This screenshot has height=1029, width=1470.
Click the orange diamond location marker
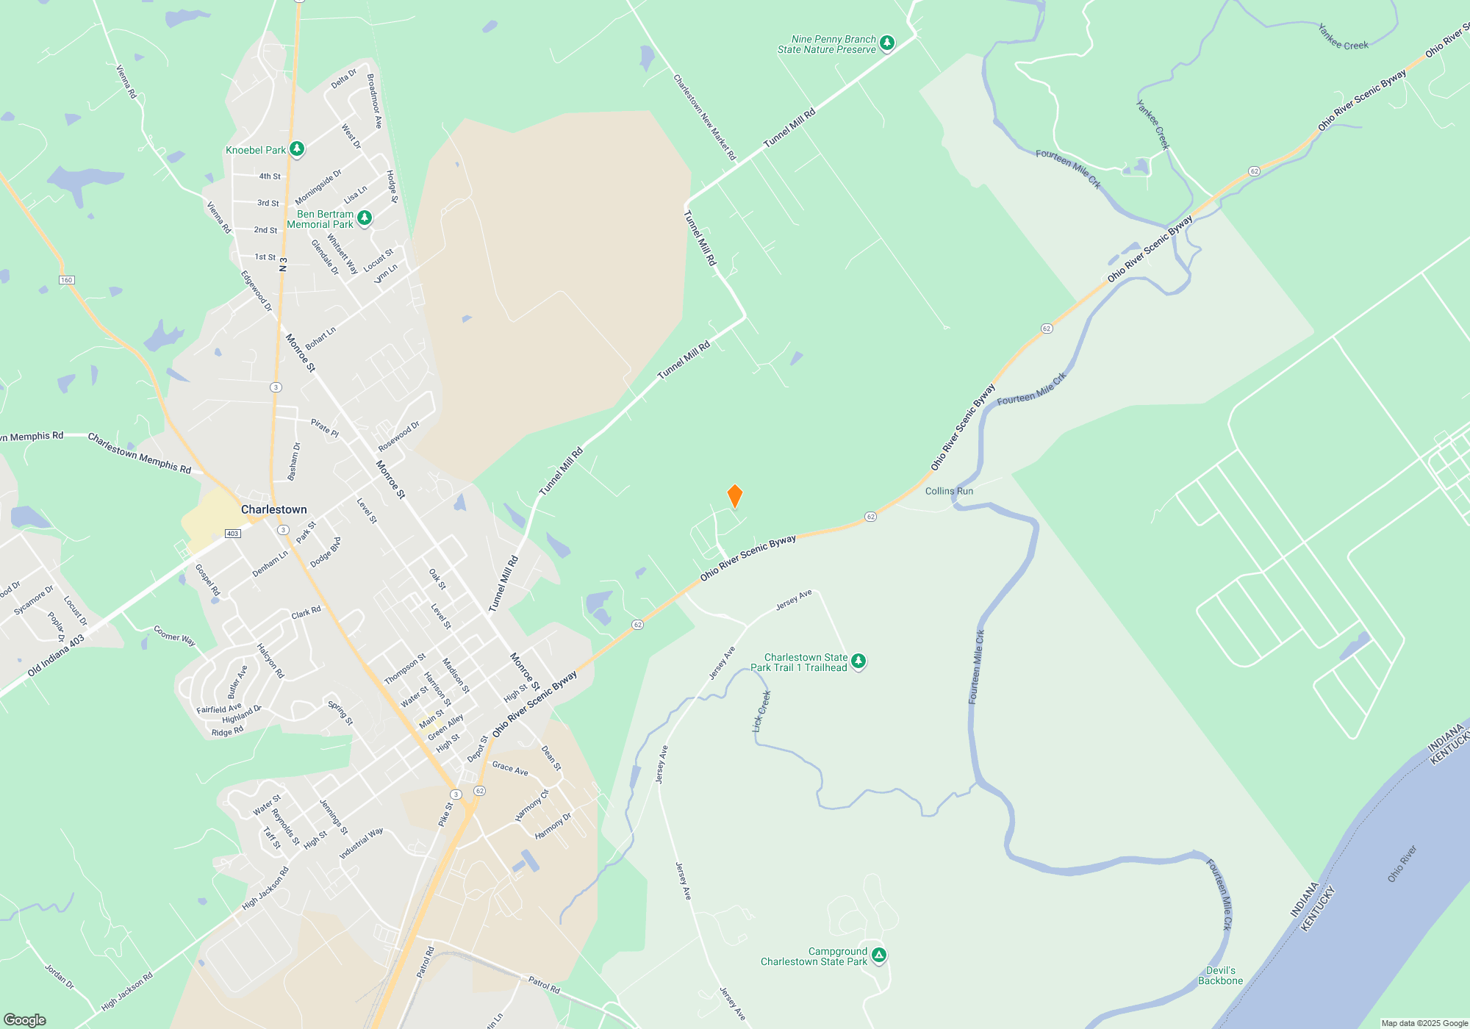pyautogui.click(x=734, y=496)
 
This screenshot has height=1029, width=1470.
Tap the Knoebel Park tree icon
pyautogui.click(x=297, y=149)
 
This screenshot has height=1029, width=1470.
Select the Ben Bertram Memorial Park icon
pyautogui.click(x=364, y=218)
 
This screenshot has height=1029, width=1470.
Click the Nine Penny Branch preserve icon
pyautogui.click(x=887, y=43)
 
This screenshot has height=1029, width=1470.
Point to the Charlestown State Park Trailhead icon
pyautogui.click(x=858, y=661)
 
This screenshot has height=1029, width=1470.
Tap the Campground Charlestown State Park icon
pyautogui.click(x=878, y=955)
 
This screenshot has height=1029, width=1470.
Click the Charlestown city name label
pyautogui.click(x=274, y=509)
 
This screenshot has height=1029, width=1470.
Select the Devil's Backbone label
pyautogui.click(x=1220, y=975)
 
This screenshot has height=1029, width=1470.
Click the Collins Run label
pyautogui.click(x=949, y=491)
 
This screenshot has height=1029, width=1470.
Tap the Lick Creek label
pyautogui.click(x=761, y=711)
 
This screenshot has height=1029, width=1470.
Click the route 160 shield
pyautogui.click(x=67, y=280)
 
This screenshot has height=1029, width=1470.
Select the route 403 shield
pyautogui.click(x=232, y=534)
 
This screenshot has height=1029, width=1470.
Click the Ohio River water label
pyautogui.click(x=1402, y=864)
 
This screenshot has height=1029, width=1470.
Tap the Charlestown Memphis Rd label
pyautogui.click(x=140, y=453)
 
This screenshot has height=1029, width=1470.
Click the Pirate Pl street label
pyautogui.click(x=324, y=428)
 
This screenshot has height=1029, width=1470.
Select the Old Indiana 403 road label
pyautogui.click(x=56, y=656)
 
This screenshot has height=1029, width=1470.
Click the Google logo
pyautogui.click(x=25, y=1019)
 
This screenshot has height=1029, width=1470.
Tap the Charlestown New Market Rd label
pyautogui.click(x=704, y=118)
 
